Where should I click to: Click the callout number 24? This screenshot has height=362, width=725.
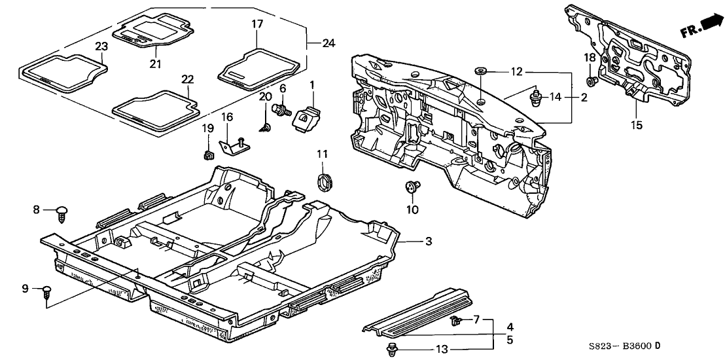click(x=328, y=44)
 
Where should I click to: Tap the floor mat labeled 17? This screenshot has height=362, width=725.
click(x=258, y=66)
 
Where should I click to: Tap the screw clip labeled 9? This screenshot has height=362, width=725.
click(x=47, y=291)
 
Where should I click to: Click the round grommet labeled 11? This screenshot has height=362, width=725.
click(x=323, y=180)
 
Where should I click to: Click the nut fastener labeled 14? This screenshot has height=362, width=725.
click(x=536, y=98)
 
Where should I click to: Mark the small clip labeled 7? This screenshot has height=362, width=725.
click(x=457, y=320)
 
